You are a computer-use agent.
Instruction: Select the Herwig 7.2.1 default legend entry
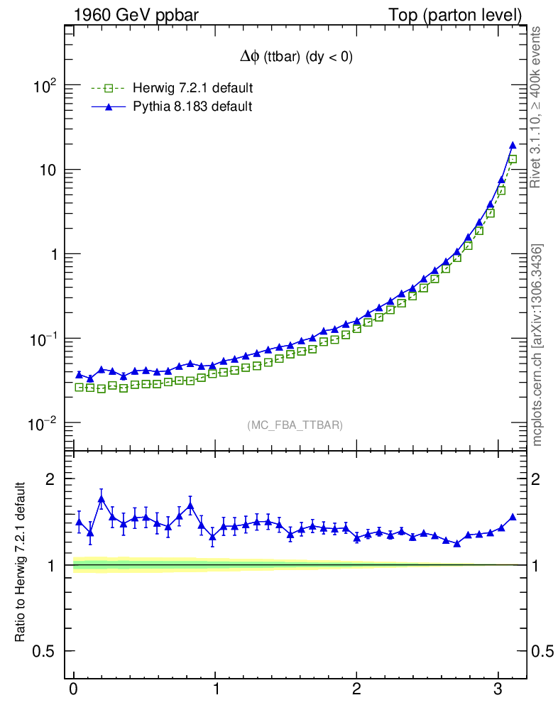pos(187,88)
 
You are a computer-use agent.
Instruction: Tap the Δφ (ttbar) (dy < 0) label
pos(296,59)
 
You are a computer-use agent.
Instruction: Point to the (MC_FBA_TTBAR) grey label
pos(295,425)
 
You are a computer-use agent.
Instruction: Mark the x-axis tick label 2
pos(357,689)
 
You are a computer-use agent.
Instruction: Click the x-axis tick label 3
pos(498,689)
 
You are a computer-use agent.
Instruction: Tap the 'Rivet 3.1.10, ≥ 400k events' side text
pos(536,106)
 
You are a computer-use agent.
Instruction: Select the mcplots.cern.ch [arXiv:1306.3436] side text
pos(537,345)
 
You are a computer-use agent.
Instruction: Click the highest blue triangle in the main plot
pos(513,146)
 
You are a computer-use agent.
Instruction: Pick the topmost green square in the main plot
pos(513,160)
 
